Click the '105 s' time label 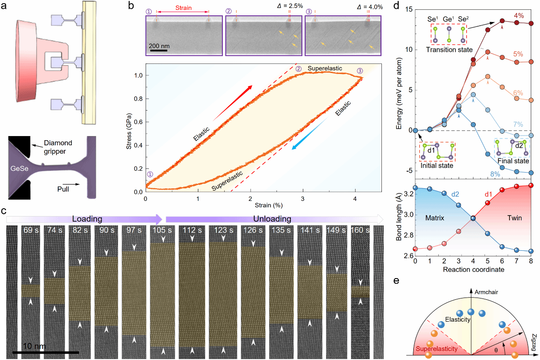pos(160,229)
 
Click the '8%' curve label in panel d pos(507,174)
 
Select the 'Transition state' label pos(449,50)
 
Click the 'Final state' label pos(513,161)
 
